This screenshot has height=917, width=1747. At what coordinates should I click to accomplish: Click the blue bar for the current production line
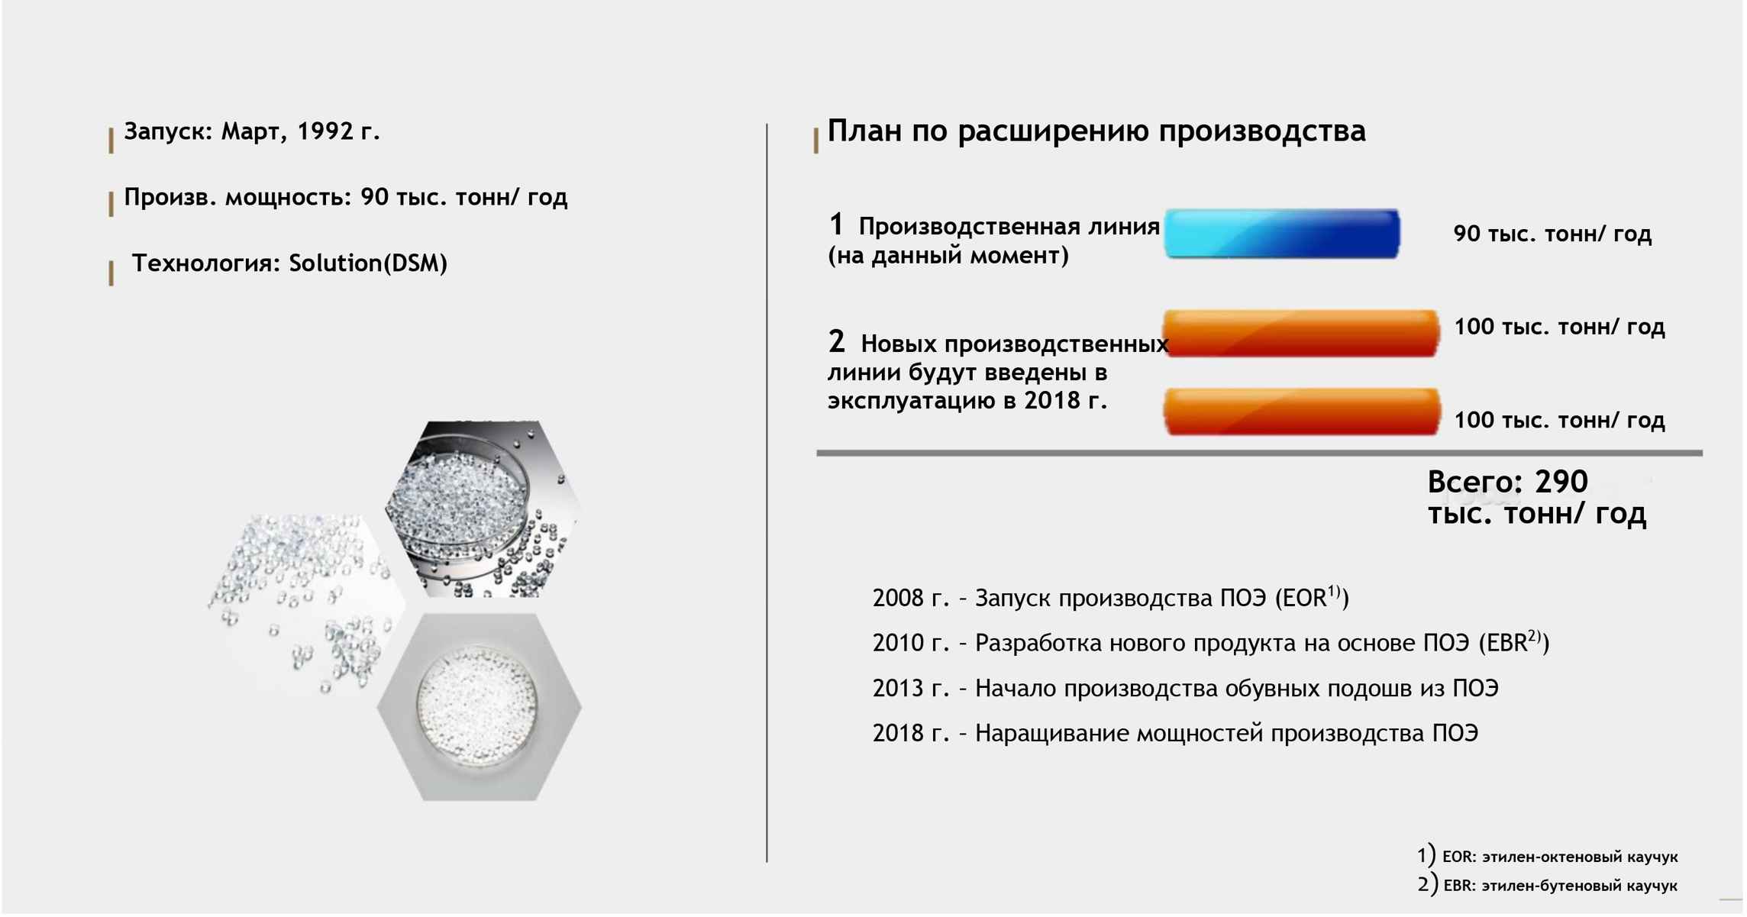click(x=1282, y=234)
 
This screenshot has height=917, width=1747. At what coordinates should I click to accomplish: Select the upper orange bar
click(x=1300, y=333)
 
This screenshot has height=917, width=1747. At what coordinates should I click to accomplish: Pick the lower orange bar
click(x=1302, y=412)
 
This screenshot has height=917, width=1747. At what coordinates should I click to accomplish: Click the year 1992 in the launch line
click(x=326, y=131)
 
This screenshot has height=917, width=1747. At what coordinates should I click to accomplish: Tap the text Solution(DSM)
click(x=368, y=263)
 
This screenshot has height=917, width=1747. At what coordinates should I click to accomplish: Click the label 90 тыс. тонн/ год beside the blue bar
click(x=1552, y=234)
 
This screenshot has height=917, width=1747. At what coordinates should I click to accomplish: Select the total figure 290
click(x=1561, y=482)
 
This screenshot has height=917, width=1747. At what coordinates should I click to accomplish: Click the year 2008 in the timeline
click(x=898, y=598)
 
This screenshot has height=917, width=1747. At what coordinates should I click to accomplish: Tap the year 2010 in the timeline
click(x=898, y=643)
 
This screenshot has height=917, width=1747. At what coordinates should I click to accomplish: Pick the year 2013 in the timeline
click(x=898, y=689)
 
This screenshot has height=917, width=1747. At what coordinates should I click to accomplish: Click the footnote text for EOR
click(x=1559, y=857)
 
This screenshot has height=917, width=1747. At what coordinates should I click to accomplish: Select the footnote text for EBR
click(x=1559, y=886)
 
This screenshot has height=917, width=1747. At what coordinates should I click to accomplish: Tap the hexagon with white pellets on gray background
click(x=480, y=706)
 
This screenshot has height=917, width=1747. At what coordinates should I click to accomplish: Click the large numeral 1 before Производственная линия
click(x=836, y=224)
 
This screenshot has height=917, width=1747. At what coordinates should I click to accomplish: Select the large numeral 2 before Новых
click(x=837, y=341)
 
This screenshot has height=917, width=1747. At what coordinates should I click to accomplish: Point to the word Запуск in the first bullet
click(x=168, y=131)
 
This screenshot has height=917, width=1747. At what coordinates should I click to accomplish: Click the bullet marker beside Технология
click(x=111, y=273)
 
